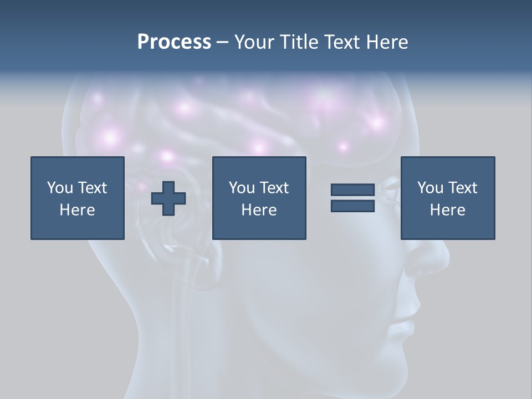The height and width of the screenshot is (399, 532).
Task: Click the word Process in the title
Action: (x=174, y=42)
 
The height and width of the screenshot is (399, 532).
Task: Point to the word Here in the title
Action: (x=388, y=42)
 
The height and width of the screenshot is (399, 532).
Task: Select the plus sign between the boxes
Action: (x=168, y=198)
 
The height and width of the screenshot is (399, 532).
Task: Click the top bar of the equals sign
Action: (x=352, y=190)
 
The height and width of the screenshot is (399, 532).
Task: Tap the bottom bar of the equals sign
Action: (x=352, y=206)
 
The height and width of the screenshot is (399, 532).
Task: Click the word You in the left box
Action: (x=60, y=188)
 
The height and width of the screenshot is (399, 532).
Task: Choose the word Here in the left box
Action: (x=77, y=210)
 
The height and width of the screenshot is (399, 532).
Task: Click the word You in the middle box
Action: (x=242, y=188)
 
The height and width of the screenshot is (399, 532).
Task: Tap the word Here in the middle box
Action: (x=259, y=210)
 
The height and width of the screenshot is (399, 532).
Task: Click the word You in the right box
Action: (x=430, y=188)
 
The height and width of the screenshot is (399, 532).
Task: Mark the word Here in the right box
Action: (x=447, y=210)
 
